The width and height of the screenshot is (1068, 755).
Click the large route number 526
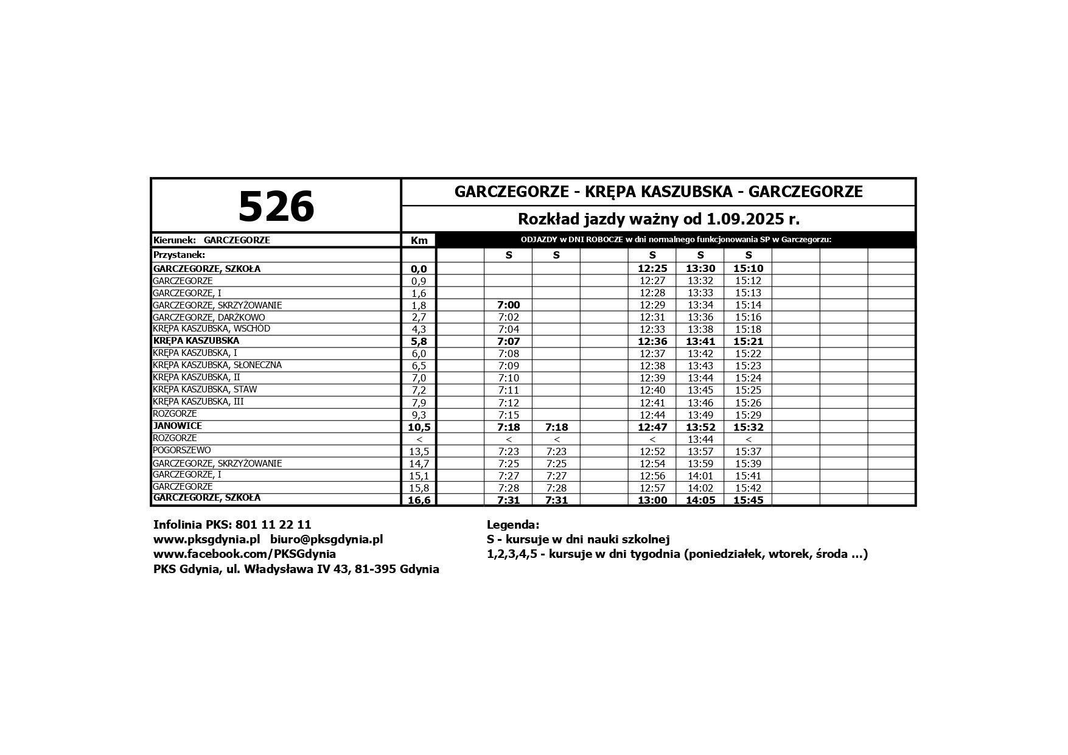(276, 206)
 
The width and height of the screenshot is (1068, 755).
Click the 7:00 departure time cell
(509, 305)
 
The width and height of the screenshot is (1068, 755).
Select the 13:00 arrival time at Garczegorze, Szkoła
(652, 500)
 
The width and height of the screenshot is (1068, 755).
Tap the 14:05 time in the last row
(700, 500)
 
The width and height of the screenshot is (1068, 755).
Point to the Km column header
(419, 240)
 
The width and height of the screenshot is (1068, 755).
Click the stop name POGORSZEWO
(182, 450)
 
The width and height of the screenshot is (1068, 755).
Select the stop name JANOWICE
(178, 426)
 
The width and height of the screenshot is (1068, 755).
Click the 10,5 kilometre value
(419, 427)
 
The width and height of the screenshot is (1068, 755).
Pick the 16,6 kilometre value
(419, 500)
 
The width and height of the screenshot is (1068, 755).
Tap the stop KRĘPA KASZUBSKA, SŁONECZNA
(217, 365)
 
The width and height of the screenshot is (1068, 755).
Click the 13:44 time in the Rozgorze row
(700, 439)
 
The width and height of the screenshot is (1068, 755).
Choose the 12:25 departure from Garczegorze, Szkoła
(652, 268)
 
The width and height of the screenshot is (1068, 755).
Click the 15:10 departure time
(749, 268)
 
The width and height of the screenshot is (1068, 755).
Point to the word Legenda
(513, 524)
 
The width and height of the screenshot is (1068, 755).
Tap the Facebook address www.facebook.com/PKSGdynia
(245, 554)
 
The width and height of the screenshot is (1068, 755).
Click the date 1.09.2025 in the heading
(741, 218)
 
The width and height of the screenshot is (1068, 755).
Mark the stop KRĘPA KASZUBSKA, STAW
(205, 389)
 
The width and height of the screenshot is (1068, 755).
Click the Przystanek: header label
(180, 255)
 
